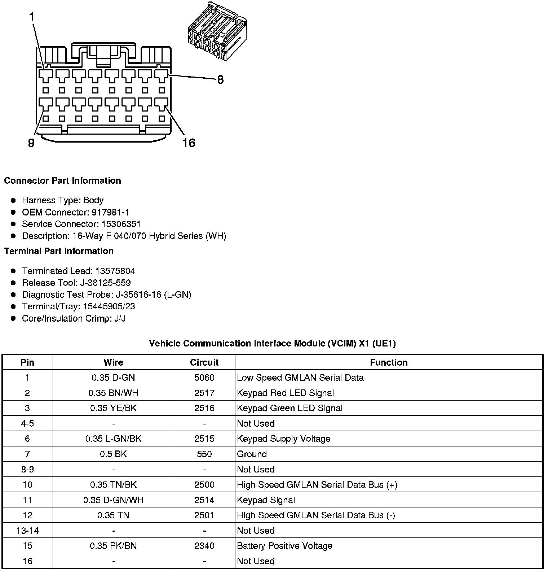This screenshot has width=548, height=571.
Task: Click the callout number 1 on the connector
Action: click(32, 17)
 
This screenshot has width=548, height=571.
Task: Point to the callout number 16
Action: click(189, 143)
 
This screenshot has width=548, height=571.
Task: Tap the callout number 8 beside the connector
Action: click(220, 80)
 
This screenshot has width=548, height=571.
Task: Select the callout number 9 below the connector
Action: click(31, 143)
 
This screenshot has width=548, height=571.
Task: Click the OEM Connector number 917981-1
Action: click(111, 212)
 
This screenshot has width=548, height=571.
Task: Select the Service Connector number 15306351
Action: click(121, 224)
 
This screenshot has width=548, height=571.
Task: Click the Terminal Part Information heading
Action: click(59, 251)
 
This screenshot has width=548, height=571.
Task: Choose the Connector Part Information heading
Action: click(62, 180)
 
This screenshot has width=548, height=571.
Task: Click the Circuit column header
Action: click(204, 362)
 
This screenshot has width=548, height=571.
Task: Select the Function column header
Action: click(389, 362)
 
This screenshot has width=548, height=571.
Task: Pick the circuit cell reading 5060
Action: click(204, 378)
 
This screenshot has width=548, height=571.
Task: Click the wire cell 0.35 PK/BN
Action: click(113, 546)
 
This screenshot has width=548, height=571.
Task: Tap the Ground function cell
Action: click(252, 454)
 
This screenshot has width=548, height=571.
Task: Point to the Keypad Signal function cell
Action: click(266, 500)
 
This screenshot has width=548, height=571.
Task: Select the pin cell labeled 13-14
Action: click(27, 531)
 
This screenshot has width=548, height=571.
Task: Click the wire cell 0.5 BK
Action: click(113, 454)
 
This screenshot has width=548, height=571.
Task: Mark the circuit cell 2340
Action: click(204, 546)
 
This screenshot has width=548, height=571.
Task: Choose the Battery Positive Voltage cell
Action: click(284, 546)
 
